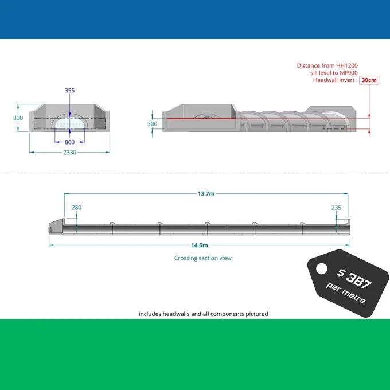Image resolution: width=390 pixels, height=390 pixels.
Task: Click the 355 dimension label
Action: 69,90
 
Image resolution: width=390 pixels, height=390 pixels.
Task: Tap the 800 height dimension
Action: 18,118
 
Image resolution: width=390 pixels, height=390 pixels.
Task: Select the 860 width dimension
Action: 69,142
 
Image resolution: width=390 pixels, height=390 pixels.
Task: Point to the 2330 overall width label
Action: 69,152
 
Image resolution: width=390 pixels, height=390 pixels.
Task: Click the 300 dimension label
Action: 152,124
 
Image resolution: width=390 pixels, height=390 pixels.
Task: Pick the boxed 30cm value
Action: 369,80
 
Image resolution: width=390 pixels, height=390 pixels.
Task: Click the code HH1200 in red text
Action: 347,65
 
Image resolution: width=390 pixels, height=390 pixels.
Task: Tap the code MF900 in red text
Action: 349,73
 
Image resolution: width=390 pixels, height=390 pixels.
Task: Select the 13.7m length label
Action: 206,193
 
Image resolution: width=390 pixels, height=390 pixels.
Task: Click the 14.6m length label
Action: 200,245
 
